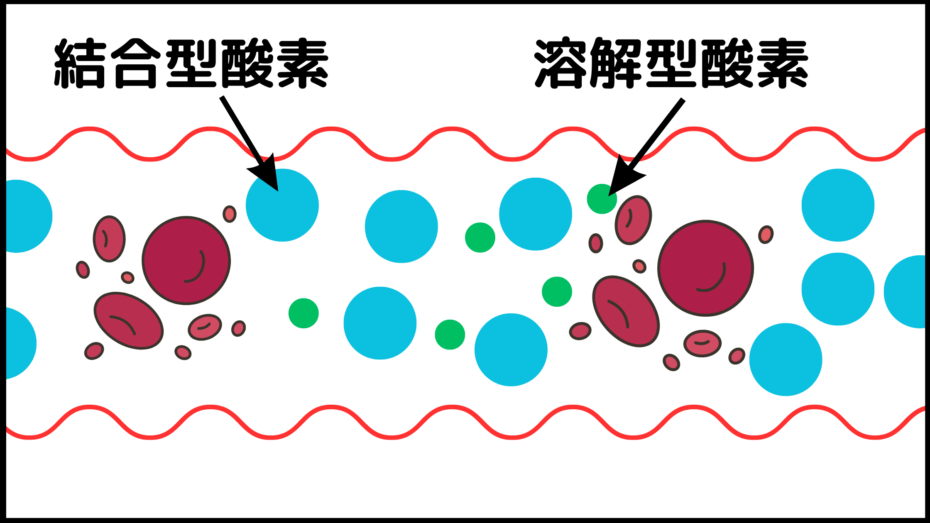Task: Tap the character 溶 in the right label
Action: point(561,63)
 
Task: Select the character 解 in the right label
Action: point(616,63)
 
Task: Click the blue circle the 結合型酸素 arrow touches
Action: point(282,205)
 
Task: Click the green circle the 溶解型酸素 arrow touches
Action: point(602,199)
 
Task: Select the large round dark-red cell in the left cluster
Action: point(186,261)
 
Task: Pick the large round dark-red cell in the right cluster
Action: point(706,268)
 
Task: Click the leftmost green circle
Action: point(303,313)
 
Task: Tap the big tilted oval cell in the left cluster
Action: point(129,321)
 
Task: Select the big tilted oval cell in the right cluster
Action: point(626,311)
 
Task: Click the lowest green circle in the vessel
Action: point(450,335)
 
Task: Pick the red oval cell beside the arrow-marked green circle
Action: point(634,220)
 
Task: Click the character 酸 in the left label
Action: point(247,64)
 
